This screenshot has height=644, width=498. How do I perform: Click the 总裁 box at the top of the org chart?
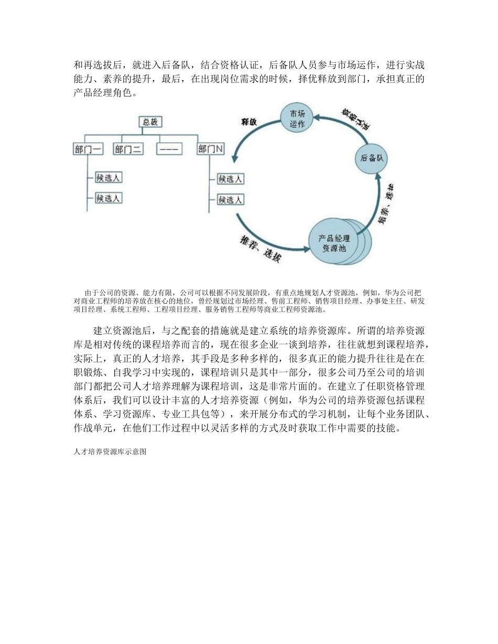[x=150, y=122]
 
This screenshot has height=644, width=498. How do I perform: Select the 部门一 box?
[x=88, y=149]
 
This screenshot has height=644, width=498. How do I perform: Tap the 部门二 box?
[x=128, y=149]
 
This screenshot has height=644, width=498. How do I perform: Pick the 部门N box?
[x=211, y=149]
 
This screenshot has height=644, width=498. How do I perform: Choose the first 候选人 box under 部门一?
[x=109, y=177]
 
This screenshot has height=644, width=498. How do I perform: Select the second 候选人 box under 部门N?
[x=230, y=199]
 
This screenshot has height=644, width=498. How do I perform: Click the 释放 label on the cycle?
[x=250, y=122]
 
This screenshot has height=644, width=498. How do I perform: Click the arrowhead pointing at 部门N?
[x=236, y=158]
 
